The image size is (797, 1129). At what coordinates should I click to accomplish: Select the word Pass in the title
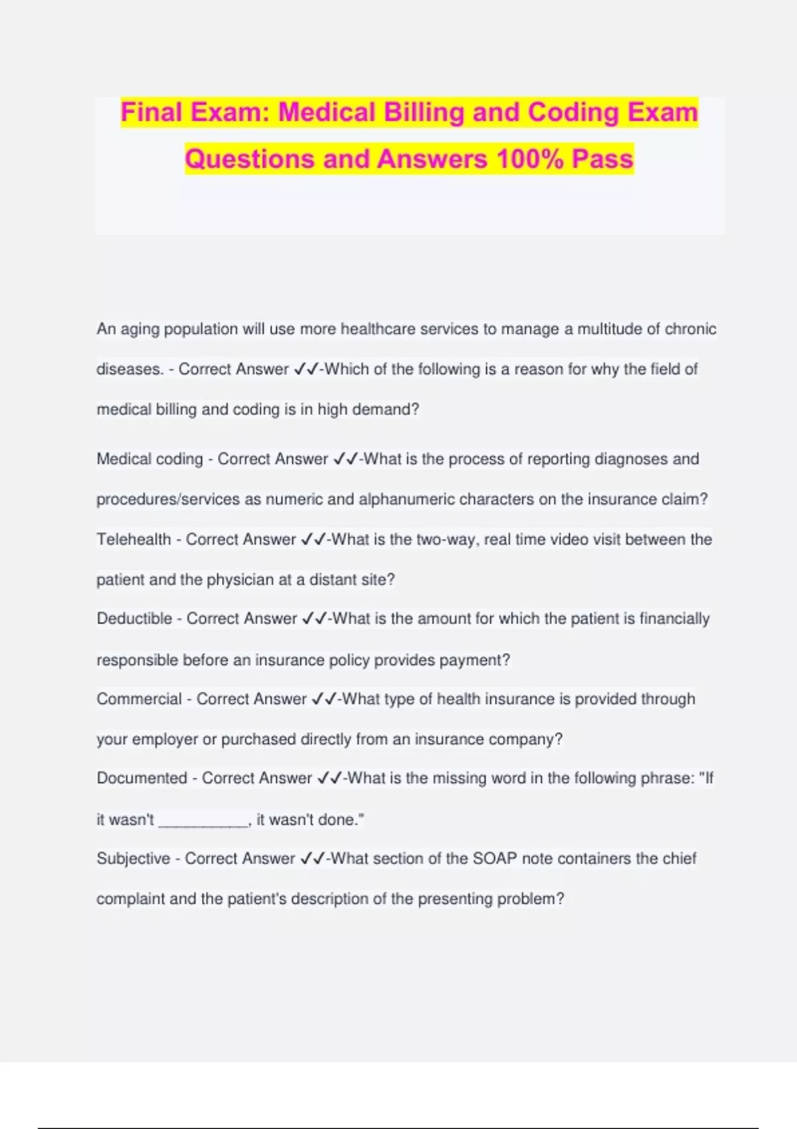click(602, 159)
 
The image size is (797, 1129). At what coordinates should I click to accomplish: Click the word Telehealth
click(133, 539)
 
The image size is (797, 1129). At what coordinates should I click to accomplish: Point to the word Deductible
click(134, 618)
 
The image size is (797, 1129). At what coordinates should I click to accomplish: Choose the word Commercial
click(139, 699)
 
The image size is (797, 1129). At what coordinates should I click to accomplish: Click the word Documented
click(141, 778)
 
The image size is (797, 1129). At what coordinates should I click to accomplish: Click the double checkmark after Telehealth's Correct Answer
click(312, 539)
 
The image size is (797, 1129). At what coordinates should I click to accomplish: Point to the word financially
click(674, 618)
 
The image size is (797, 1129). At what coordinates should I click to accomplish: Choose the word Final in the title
click(151, 112)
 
